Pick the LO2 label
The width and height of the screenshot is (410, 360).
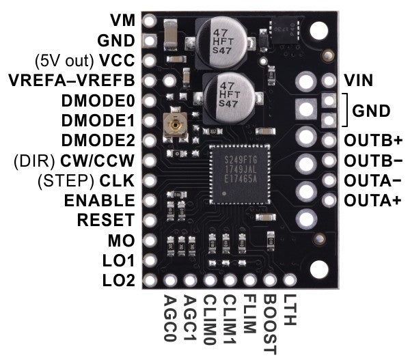click(x=119, y=280)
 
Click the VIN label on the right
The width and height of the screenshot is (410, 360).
click(x=358, y=81)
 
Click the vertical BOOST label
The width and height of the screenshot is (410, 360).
click(x=269, y=325)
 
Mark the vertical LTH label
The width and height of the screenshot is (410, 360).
click(x=289, y=310)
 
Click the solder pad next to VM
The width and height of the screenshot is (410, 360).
click(x=150, y=21)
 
